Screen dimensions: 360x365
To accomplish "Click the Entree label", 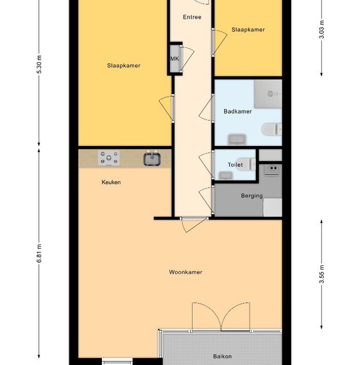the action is click(x=192, y=17).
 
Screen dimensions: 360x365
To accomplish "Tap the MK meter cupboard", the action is click(x=175, y=59).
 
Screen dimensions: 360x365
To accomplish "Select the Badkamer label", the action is click(x=238, y=112).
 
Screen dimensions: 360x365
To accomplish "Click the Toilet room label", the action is click(x=235, y=165).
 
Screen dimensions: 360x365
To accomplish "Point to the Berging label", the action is click(x=251, y=196).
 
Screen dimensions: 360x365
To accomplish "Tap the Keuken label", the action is click(x=111, y=182).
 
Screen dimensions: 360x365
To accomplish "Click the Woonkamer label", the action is click(x=186, y=272).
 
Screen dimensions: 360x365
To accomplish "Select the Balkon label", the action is click(x=222, y=356).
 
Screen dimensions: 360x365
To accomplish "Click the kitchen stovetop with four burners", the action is click(x=109, y=158).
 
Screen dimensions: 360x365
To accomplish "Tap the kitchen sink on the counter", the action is click(x=152, y=158).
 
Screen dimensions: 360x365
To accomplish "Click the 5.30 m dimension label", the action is click(x=39, y=64).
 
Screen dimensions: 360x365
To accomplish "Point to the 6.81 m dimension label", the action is click(x=39, y=253).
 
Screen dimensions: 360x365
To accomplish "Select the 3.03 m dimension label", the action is click(x=321, y=30).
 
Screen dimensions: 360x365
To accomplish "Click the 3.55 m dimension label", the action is click(x=321, y=274).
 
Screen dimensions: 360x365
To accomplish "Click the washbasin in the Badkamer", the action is click(x=237, y=139).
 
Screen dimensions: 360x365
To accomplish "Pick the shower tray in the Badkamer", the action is click(x=268, y=94).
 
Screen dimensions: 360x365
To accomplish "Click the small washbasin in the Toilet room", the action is click(x=226, y=176).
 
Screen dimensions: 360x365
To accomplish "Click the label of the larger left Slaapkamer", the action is click(x=123, y=66).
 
